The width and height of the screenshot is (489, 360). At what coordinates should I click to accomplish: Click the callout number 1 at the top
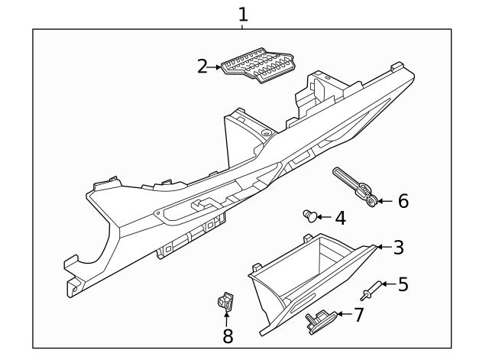[x=243, y=14]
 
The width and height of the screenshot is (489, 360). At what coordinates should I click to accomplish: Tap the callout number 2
[x=202, y=66]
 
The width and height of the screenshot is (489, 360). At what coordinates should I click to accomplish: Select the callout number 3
[x=398, y=247]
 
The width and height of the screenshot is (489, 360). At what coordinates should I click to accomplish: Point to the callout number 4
[x=340, y=218]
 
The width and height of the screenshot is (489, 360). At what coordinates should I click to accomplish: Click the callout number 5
[x=403, y=284]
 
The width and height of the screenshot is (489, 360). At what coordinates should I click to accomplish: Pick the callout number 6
[x=403, y=201]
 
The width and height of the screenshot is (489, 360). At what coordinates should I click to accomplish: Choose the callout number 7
[x=358, y=314]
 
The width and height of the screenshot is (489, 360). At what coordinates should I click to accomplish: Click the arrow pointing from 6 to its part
[x=384, y=201]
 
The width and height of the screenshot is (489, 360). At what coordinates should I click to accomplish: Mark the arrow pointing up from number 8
[x=227, y=318]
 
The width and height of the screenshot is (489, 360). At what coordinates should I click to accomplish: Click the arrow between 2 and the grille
[x=215, y=66]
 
